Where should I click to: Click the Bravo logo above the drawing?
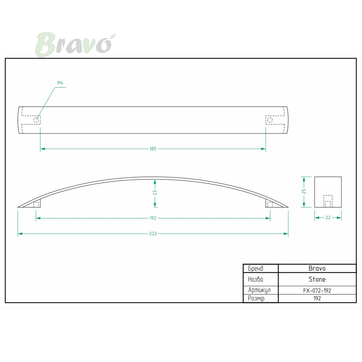(75, 45)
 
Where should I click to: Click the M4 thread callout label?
(60, 83)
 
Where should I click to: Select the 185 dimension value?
(153, 149)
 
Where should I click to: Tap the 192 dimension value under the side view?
(153, 218)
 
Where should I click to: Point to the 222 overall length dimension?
(153, 234)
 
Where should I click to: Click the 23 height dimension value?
(155, 193)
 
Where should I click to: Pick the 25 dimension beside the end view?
(304, 191)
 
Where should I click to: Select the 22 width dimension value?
(328, 218)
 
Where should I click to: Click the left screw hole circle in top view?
(36, 120)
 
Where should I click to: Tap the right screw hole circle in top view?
(270, 120)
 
